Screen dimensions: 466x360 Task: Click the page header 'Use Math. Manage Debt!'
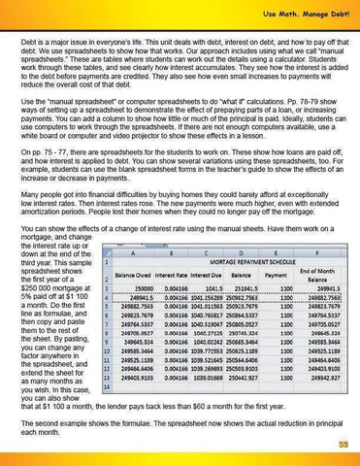coord(302,11)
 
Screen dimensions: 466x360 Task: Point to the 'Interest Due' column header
coord(202,275)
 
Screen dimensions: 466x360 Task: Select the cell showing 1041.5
coord(206,288)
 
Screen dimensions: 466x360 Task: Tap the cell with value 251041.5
coord(243,288)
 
